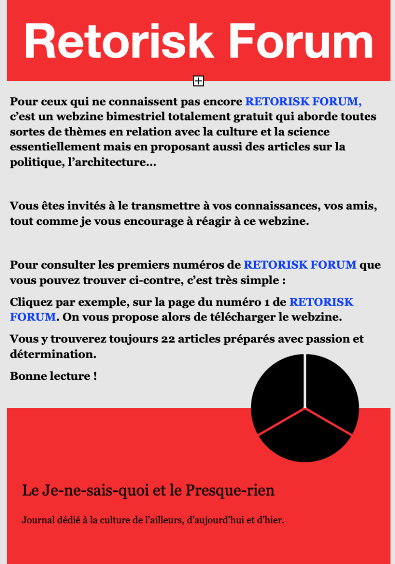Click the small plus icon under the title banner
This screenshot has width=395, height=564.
point(199,81)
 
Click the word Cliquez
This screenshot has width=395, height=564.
point(31,302)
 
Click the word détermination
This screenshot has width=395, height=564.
point(53,355)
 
